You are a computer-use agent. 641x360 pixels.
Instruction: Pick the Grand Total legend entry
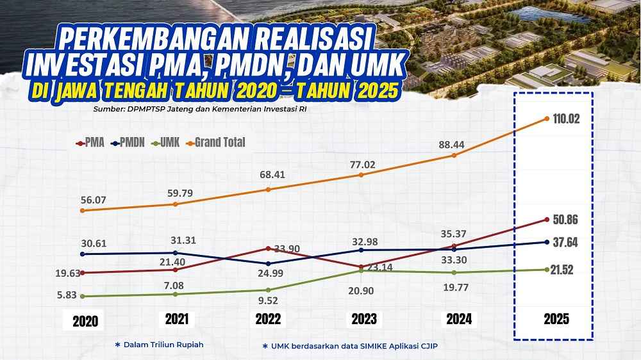(215, 143)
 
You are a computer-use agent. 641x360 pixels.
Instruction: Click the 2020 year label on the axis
(85, 320)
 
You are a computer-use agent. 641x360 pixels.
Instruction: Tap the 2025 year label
(556, 319)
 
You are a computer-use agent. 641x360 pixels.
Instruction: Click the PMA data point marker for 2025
(546, 219)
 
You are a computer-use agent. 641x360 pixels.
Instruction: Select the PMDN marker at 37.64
(546, 242)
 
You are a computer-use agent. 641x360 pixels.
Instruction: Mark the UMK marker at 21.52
(546, 270)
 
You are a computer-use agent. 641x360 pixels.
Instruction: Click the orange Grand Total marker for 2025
(546, 119)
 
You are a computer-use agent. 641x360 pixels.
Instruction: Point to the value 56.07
(94, 199)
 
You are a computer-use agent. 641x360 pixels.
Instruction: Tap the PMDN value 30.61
(94, 242)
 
